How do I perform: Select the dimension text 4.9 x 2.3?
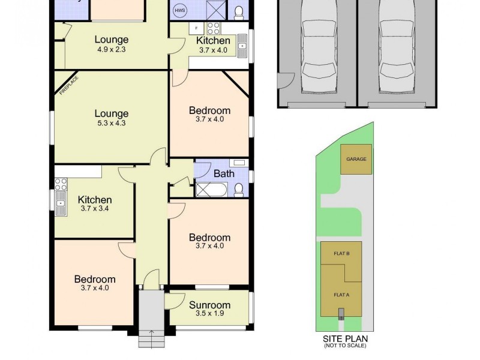pyautogui.click(x=112, y=50)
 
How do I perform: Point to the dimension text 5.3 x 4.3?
pyautogui.click(x=111, y=123)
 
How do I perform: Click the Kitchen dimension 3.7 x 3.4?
pyautogui.click(x=95, y=209)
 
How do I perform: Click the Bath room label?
pyautogui.click(x=224, y=174)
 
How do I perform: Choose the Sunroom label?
pyautogui.click(x=209, y=305)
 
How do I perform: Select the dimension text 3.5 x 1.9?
pyautogui.click(x=209, y=313)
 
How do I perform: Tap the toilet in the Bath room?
pyautogui.click(x=239, y=189)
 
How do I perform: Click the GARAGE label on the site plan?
pyautogui.click(x=356, y=159)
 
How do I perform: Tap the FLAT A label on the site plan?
pyautogui.click(x=341, y=294)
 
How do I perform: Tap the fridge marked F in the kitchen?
pyautogui.click(x=196, y=28)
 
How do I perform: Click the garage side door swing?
pyautogui.click(x=285, y=80)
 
